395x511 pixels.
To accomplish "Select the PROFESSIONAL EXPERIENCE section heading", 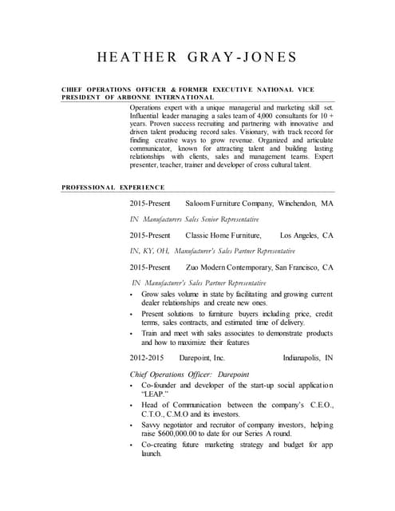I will coord(113,187).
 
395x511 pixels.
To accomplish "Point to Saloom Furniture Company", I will coord(229,204).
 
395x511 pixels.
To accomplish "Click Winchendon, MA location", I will coord(306,204).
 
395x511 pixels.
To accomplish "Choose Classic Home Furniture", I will coord(223,236).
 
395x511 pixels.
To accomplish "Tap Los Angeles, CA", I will coord(306,236).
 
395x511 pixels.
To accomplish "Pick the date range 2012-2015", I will coord(149,358).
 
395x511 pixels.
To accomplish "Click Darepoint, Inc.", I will coord(202,358).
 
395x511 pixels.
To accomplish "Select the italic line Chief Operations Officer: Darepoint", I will coord(189,374).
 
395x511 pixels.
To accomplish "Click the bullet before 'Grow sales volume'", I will coord(132,295).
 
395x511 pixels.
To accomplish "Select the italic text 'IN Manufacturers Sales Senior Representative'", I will coord(195,219).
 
